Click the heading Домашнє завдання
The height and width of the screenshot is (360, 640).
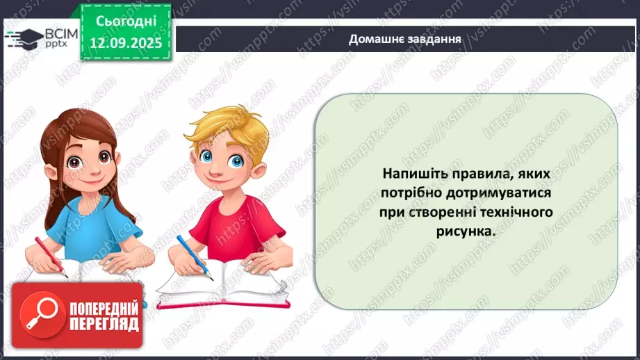406,39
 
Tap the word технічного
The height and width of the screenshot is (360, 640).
516,212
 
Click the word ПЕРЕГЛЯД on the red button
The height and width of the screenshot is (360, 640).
102,323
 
